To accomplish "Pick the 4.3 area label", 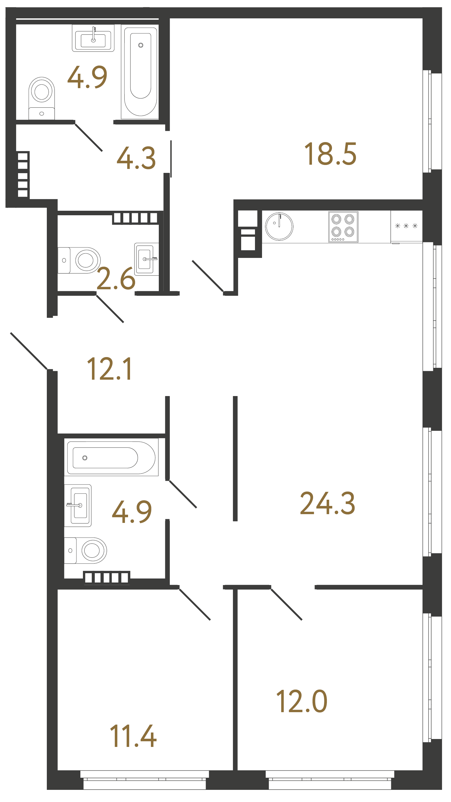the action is click(136, 158).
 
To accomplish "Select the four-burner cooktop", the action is click(343, 227).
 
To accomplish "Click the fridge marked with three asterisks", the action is click(406, 226).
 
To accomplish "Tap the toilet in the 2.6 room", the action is click(79, 260).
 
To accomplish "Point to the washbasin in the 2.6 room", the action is click(146, 259).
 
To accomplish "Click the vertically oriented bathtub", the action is click(140, 71).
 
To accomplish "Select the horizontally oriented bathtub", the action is click(111, 457).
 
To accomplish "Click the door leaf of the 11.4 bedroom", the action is click(195, 604).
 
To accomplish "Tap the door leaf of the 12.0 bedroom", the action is click(286, 604).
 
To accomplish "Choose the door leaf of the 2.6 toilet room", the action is click(110, 309).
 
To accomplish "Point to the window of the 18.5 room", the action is click(432, 121).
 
